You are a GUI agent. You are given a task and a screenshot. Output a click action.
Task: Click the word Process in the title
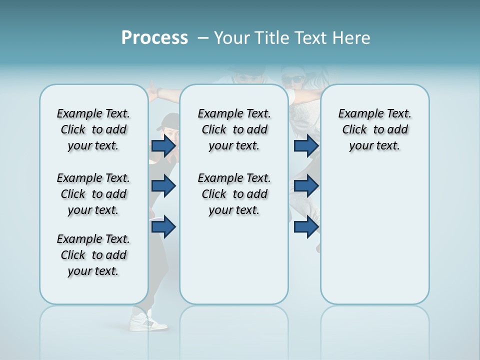[x=154, y=38]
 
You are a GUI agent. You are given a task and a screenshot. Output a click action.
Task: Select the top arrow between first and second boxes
[x=163, y=146]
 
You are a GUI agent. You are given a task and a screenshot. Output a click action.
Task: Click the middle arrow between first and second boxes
[x=163, y=186]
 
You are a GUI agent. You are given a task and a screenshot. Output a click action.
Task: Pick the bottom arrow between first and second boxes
[x=163, y=227]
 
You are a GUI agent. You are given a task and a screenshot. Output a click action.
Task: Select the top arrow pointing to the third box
[x=306, y=146]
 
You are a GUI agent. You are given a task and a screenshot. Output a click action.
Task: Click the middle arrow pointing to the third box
[x=306, y=186]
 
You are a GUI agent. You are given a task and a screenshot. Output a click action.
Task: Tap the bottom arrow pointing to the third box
[x=306, y=227]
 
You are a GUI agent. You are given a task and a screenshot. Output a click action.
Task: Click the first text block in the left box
[x=93, y=129]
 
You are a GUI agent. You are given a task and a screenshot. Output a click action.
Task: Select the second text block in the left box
[x=93, y=194]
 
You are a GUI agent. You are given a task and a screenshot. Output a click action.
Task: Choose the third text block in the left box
[x=93, y=255]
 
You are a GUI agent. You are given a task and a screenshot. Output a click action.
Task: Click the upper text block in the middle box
[x=234, y=129]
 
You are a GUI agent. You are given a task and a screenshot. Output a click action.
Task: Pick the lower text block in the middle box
[x=234, y=194]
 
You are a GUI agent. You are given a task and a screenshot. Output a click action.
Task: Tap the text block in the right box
[x=374, y=129]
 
